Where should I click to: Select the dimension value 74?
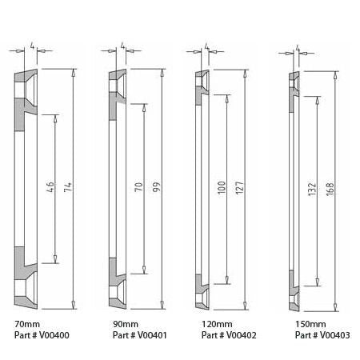coord(70,189)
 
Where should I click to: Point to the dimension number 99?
coord(157,189)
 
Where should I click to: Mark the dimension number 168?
coord(329,189)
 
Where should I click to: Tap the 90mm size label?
coord(116,325)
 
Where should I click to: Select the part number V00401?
coord(134,335)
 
